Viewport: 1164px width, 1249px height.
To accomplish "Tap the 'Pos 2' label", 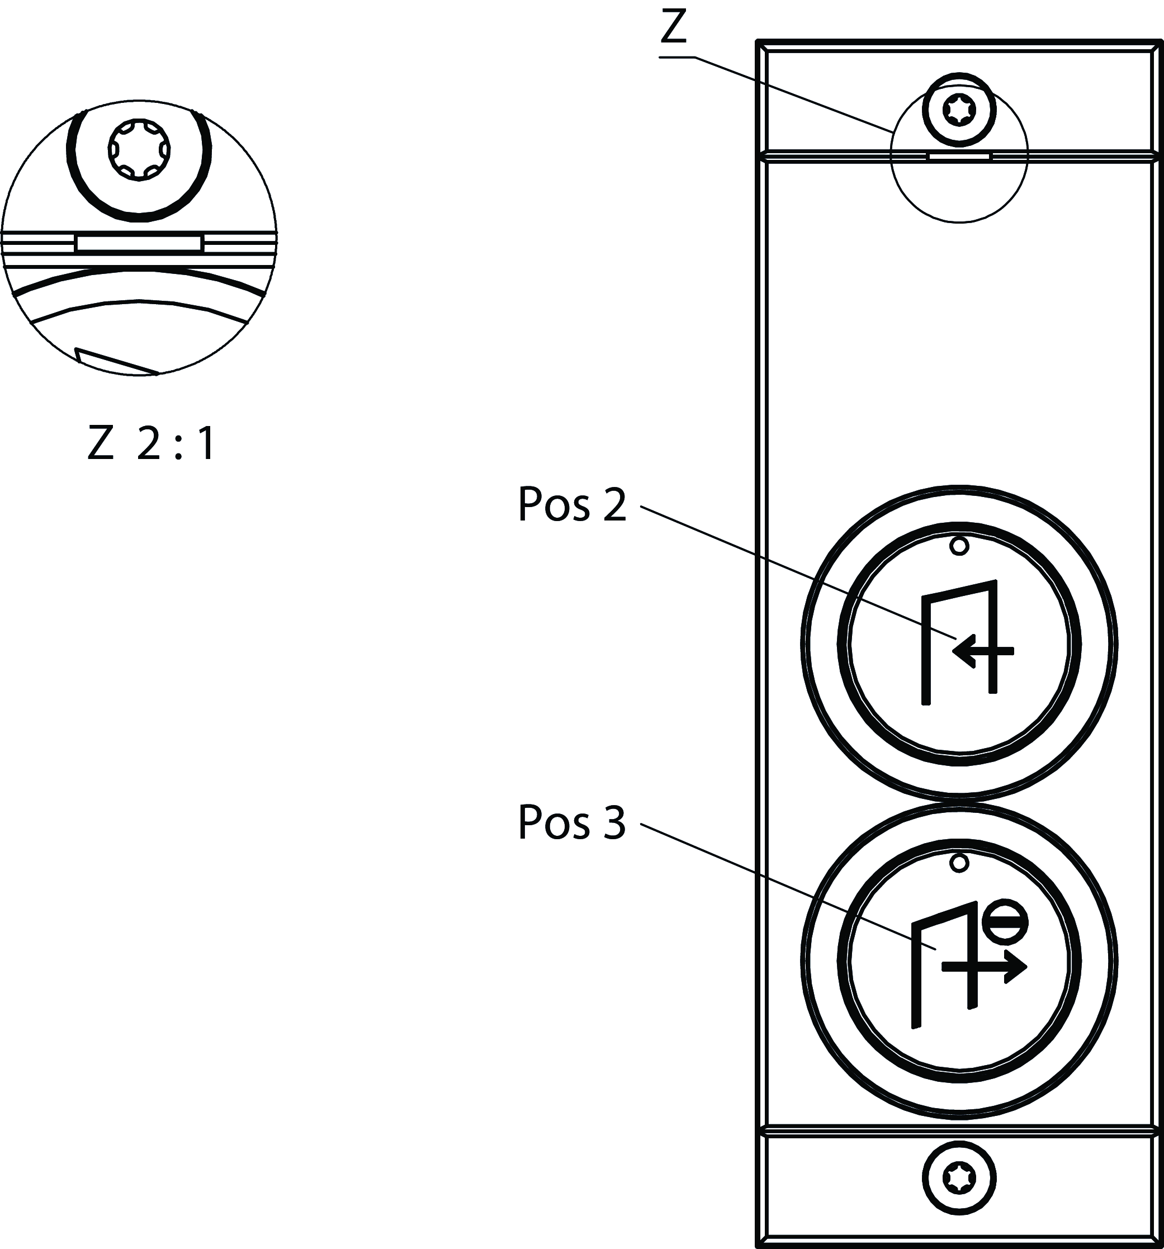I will coord(571,504).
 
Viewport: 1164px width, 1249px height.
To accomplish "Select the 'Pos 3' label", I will coord(571,822).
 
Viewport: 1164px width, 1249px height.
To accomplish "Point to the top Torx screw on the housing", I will coord(959,110).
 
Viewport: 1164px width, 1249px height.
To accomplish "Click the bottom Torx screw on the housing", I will coord(959,1178).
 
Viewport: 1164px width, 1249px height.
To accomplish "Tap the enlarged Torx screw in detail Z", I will coord(139,151).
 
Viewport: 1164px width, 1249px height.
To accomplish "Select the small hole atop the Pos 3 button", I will coord(959,863).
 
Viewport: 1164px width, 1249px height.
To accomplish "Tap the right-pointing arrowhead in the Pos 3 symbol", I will coord(1015,968).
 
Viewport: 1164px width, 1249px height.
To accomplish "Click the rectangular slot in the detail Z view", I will coord(139,243).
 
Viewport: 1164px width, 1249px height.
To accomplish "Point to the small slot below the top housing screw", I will coord(959,156).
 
